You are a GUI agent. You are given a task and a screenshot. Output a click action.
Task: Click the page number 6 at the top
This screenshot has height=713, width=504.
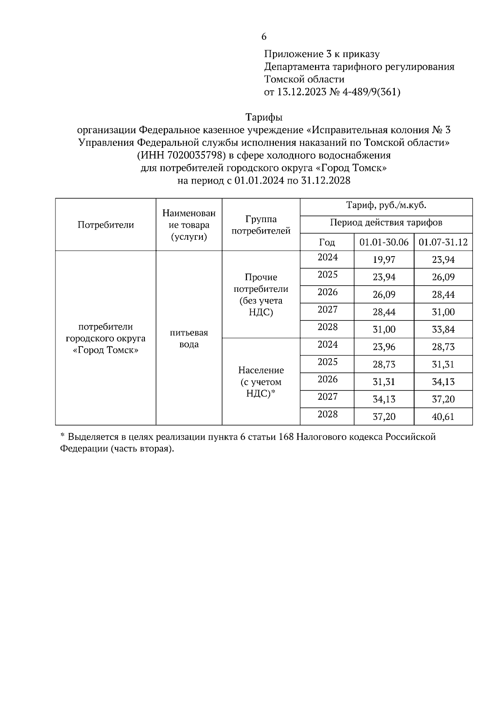264,37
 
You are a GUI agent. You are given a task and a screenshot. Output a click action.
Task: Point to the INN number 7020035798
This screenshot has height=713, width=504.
194,155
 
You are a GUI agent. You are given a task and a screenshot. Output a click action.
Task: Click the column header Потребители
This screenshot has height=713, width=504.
106,225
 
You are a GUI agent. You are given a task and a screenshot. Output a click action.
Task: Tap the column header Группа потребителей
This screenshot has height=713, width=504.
261,225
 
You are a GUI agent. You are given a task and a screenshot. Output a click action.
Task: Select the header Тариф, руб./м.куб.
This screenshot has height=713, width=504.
386,206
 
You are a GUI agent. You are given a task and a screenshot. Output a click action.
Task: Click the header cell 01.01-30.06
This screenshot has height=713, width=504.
384,242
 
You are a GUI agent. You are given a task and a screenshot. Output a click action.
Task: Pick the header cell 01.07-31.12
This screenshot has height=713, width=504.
443,242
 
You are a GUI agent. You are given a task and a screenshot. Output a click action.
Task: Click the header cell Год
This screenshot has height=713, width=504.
327,242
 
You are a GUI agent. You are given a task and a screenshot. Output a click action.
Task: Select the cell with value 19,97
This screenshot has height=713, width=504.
384,260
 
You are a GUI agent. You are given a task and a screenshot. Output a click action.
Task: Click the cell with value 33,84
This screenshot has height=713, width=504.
443,330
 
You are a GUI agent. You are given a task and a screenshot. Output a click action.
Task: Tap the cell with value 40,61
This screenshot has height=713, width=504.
443,417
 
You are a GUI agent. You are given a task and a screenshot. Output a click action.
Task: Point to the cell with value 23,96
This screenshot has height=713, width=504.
384,347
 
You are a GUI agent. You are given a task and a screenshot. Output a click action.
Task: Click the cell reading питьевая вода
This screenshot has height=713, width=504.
189,338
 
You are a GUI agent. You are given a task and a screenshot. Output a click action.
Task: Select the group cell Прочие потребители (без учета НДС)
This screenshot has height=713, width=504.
261,295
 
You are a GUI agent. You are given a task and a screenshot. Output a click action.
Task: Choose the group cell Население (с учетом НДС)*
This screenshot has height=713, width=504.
261,382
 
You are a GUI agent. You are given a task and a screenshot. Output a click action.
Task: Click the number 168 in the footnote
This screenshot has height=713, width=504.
286,437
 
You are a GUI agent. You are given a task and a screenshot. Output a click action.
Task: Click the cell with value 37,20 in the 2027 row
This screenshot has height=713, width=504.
443,399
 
